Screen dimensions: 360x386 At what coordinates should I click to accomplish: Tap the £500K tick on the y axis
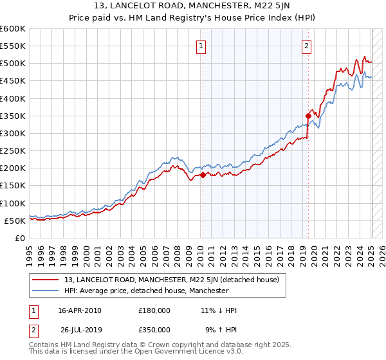pos(12,64)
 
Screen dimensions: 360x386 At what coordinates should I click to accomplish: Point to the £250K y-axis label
pos(12,151)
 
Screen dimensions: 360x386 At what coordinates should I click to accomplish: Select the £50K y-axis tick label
pos(14,221)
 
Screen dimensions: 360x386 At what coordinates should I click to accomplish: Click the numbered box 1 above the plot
pos(201,46)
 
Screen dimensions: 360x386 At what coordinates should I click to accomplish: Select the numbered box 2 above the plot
pos(307,46)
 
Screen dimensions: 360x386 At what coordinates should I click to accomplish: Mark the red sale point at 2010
pos(203,175)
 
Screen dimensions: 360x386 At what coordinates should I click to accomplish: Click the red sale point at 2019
pos(308,116)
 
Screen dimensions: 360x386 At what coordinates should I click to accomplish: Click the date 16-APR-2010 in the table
pos(80,310)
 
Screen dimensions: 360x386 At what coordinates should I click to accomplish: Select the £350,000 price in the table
pos(154,331)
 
